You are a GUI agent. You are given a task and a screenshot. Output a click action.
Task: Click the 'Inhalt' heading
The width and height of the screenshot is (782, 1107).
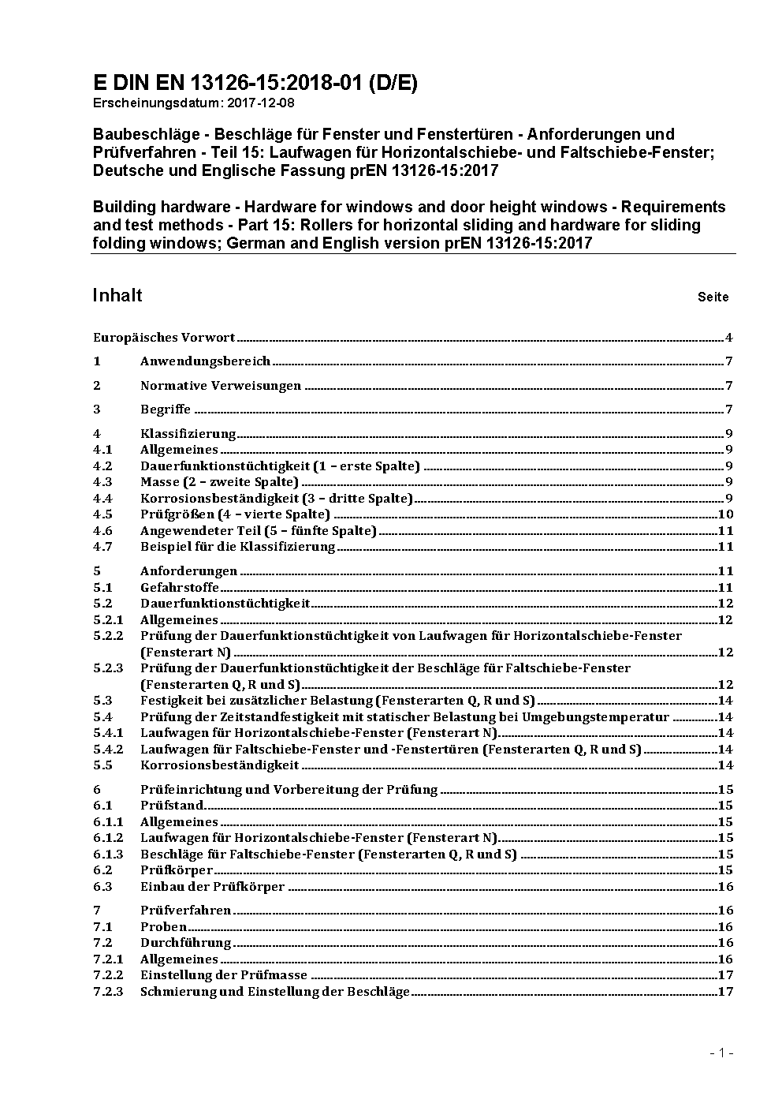pyautogui.click(x=117, y=295)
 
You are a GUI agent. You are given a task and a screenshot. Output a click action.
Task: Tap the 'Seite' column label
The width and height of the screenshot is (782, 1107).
pyautogui.click(x=713, y=297)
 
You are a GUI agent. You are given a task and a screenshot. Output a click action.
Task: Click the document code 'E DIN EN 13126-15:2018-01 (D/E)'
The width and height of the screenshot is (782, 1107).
pyautogui.click(x=255, y=83)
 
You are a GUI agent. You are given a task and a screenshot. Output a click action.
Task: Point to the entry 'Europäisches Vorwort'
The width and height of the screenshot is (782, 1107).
pyautogui.click(x=164, y=338)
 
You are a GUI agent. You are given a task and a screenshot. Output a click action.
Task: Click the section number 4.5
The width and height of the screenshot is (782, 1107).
pyautogui.click(x=102, y=514)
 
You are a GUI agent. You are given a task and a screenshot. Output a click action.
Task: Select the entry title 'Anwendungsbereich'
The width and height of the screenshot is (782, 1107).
pyautogui.click(x=205, y=361)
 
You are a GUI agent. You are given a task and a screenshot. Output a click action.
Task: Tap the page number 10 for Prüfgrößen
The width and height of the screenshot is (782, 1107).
pyautogui.click(x=726, y=514)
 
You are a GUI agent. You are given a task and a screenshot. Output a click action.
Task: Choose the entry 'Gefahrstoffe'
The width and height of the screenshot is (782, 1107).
pyautogui.click(x=180, y=587)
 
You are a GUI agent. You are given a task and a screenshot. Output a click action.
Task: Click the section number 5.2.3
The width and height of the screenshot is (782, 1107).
pyautogui.click(x=108, y=668)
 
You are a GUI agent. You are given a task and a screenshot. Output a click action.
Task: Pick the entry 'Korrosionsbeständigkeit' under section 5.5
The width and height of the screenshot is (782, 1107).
pyautogui.click(x=219, y=765)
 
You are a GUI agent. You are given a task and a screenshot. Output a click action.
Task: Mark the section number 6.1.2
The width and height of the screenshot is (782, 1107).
pyautogui.click(x=108, y=838)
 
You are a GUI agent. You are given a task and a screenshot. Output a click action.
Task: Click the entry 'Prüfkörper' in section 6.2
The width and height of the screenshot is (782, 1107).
pyautogui.click(x=177, y=870)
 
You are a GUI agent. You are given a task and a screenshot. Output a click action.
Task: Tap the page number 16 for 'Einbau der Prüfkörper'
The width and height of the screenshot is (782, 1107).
pyautogui.click(x=726, y=886)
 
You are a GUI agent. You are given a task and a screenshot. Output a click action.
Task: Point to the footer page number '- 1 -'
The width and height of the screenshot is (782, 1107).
pyautogui.click(x=721, y=1053)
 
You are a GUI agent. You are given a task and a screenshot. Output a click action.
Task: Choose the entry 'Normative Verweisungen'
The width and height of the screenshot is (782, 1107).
pyautogui.click(x=221, y=386)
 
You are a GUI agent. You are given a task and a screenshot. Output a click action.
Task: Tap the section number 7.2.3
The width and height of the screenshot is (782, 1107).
pyautogui.click(x=108, y=991)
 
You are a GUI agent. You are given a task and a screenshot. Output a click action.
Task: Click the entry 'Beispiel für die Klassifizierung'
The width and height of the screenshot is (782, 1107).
pyautogui.click(x=238, y=547)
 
